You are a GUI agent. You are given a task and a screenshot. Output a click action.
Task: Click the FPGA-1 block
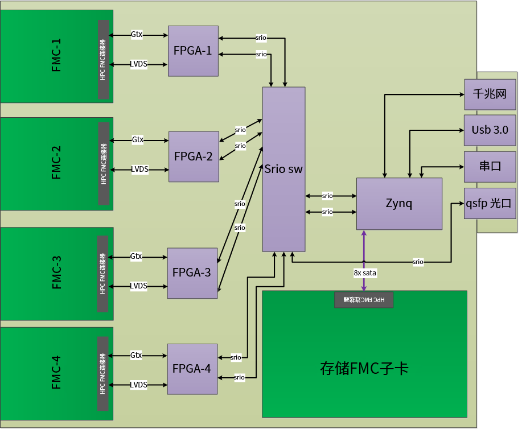(193, 51)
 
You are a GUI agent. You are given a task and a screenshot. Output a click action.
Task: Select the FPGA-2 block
(194, 156)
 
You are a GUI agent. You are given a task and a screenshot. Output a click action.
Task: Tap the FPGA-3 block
(192, 273)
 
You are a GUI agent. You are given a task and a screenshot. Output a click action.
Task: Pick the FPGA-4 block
(192, 369)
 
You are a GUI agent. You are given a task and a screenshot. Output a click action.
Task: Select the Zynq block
(399, 204)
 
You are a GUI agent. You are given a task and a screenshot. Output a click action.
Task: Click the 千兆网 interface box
(490, 94)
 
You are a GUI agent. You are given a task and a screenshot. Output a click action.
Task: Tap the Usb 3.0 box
(490, 130)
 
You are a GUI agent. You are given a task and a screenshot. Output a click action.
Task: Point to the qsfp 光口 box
(490, 203)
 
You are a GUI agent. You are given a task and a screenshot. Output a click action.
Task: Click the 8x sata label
(365, 273)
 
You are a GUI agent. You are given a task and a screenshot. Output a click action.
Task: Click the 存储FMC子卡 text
(364, 369)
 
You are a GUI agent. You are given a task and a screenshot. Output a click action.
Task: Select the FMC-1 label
(57, 56)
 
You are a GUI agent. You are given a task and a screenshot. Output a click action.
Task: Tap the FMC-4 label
(57, 372)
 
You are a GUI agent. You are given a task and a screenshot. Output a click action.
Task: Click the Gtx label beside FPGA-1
(137, 34)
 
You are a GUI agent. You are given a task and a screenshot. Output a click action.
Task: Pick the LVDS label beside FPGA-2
(139, 169)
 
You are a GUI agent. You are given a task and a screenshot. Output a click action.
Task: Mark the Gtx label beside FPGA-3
(136, 257)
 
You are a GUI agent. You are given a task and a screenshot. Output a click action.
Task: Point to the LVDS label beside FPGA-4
(138, 385)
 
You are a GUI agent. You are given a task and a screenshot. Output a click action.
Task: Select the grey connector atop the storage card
(364, 299)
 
